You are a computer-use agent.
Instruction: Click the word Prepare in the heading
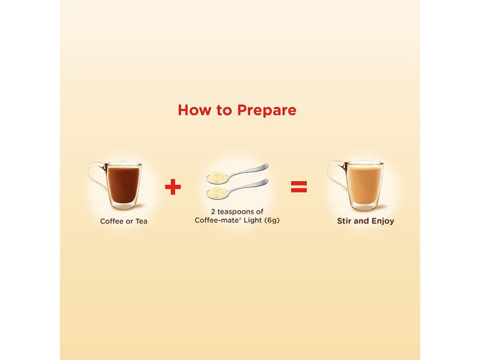267,111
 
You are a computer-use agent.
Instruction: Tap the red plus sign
173,186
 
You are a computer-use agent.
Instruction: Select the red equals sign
299,186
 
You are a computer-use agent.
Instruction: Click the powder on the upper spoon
217,177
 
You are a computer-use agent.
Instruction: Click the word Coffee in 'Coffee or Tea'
112,221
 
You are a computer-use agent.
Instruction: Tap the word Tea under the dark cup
141,221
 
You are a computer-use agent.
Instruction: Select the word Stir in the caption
344,221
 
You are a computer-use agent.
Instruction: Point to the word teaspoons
236,212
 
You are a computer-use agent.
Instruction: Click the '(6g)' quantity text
272,220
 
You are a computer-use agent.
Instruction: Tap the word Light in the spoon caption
252,220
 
